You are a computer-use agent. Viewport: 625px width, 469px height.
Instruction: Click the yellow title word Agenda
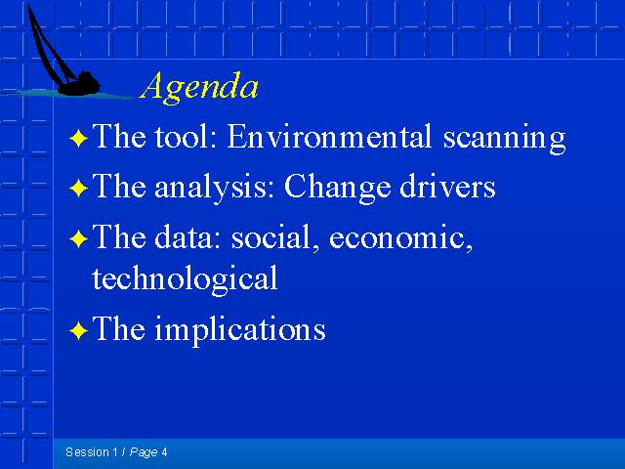pyautogui.click(x=199, y=87)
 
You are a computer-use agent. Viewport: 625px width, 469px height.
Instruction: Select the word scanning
pyautogui.click(x=504, y=139)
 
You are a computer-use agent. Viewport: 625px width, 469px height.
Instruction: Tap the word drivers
pyautogui.click(x=447, y=187)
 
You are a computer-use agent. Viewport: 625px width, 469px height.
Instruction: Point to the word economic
pyautogui.click(x=400, y=238)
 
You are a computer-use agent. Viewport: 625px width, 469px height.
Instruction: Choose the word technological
pyautogui.click(x=185, y=279)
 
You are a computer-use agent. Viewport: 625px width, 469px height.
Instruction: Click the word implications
pyautogui.click(x=240, y=329)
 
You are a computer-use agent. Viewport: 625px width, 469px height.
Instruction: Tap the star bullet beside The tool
pyautogui.click(x=78, y=139)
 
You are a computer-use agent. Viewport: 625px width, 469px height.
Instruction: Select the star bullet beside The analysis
pyautogui.click(x=78, y=188)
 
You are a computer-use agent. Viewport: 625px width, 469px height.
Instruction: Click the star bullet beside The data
pyautogui.click(x=78, y=238)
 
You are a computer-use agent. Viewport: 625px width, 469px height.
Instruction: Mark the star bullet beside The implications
pyautogui.click(x=78, y=330)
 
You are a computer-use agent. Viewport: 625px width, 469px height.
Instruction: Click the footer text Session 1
pyautogui.click(x=92, y=451)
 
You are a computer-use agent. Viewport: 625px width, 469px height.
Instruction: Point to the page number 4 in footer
pyautogui.click(x=164, y=452)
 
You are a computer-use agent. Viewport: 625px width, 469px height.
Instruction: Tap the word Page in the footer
pyautogui.click(x=144, y=452)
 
